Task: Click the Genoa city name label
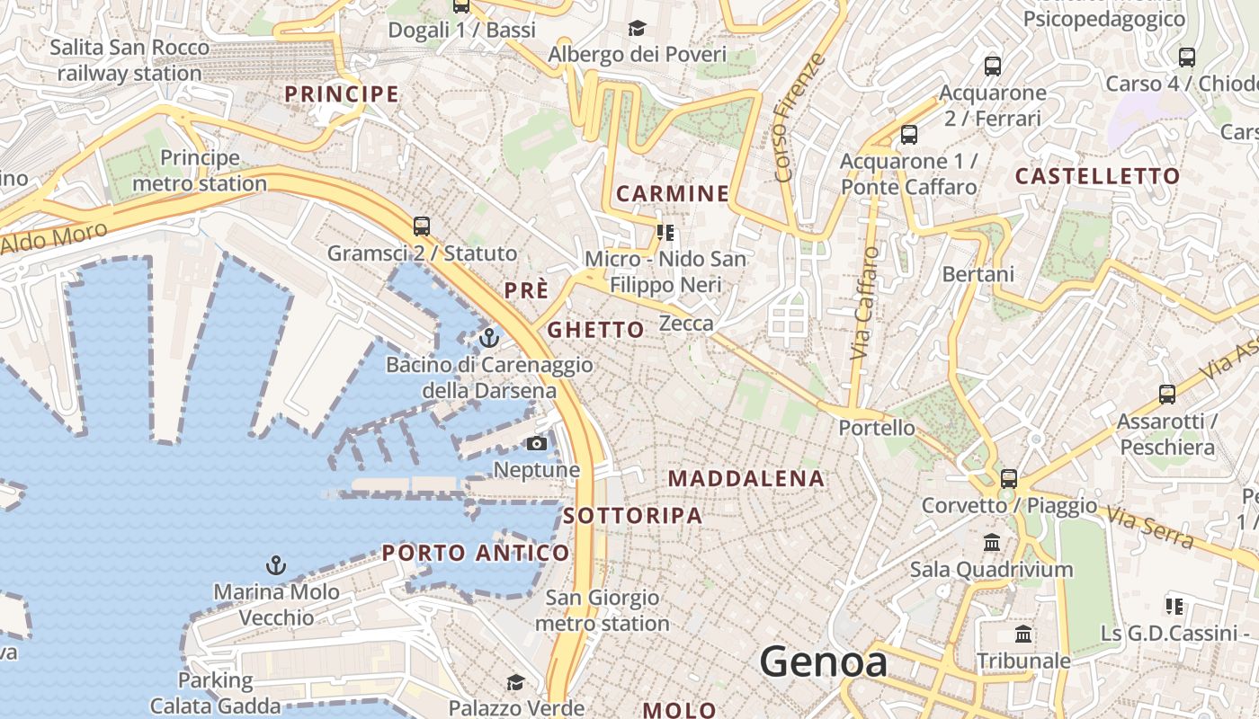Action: [x=824, y=662]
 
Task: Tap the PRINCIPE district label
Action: [x=342, y=94]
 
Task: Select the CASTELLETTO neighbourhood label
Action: [x=1097, y=176]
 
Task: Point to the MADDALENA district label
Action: [x=746, y=479]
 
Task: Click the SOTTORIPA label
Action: [x=633, y=516]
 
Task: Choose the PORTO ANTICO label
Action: [x=476, y=553]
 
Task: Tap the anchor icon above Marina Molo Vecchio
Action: [x=276, y=565]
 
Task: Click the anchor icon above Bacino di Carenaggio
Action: [x=489, y=338]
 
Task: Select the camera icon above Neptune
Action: [x=537, y=443]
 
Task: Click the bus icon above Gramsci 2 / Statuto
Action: [x=422, y=226]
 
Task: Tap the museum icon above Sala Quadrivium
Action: [x=992, y=542]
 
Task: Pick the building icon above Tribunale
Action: [x=1023, y=635]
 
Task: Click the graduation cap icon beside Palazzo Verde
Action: [x=515, y=683]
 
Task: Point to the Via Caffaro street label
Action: [x=864, y=304]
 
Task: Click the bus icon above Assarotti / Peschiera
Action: [x=1167, y=394]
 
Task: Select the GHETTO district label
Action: [x=596, y=330]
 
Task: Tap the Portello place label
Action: [x=877, y=428]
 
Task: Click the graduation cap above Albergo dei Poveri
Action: [x=637, y=29]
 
